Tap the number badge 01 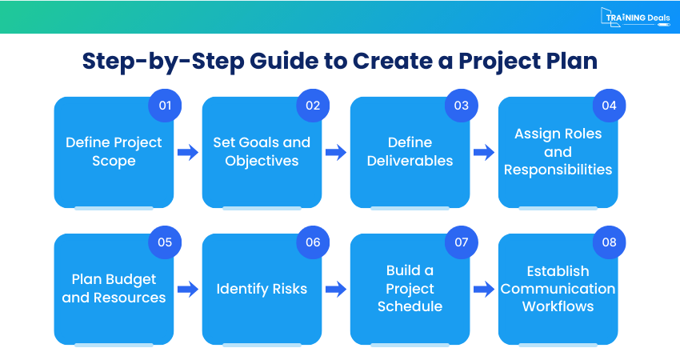click(x=165, y=106)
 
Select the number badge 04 click(x=610, y=106)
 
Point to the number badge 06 click(x=313, y=242)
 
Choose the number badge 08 click(x=610, y=242)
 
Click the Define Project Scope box click(x=114, y=152)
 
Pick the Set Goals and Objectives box click(x=262, y=152)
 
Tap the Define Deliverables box click(x=410, y=152)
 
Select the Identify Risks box click(x=262, y=289)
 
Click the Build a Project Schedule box click(x=410, y=289)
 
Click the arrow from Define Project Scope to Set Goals click(x=188, y=152)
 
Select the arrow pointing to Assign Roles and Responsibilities click(x=484, y=152)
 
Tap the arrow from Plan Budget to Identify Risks click(x=188, y=289)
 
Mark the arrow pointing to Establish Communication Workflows click(x=484, y=289)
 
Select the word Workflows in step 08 click(x=558, y=306)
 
